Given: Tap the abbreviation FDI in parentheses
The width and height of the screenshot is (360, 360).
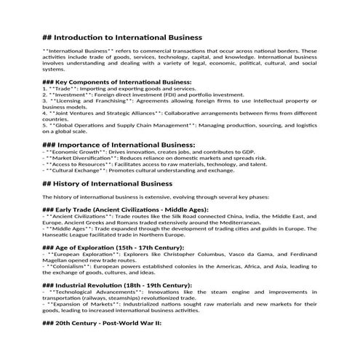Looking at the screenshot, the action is [178, 95].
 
